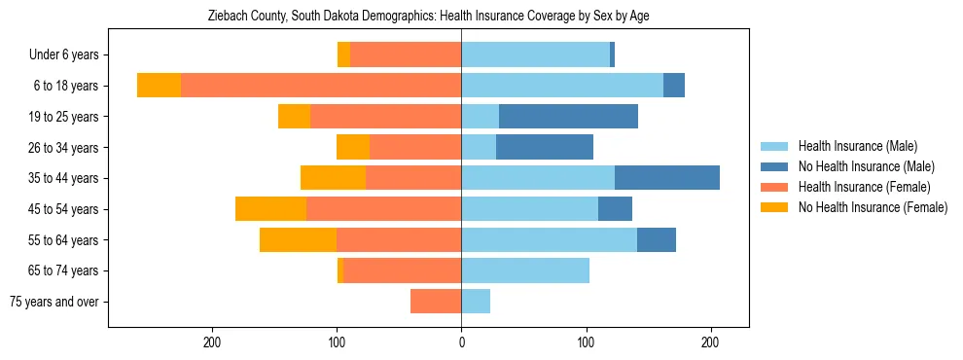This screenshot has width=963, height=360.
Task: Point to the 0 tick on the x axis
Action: [x=461, y=342]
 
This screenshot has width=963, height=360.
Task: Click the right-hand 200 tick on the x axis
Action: [x=710, y=342]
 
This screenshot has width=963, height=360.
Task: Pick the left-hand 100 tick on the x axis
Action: [x=337, y=342]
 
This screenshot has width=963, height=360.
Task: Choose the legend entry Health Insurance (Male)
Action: [x=857, y=147]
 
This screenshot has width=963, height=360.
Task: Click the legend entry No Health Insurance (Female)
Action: [x=873, y=207]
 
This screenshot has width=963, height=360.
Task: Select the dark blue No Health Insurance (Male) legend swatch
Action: [x=775, y=167]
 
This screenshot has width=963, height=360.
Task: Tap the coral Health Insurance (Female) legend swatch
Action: [x=775, y=187]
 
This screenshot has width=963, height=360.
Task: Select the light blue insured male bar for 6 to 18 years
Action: [x=562, y=86]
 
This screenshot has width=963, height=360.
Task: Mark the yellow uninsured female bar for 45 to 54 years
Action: [x=270, y=209]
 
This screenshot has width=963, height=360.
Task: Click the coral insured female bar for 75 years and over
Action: [x=436, y=302]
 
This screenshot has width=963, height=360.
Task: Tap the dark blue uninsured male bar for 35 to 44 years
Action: [x=667, y=178]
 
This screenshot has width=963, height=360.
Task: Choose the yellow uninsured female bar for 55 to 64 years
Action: [x=298, y=240]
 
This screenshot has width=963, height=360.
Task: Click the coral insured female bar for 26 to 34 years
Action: [x=415, y=148]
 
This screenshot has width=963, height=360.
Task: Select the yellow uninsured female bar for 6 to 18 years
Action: [x=159, y=86]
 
